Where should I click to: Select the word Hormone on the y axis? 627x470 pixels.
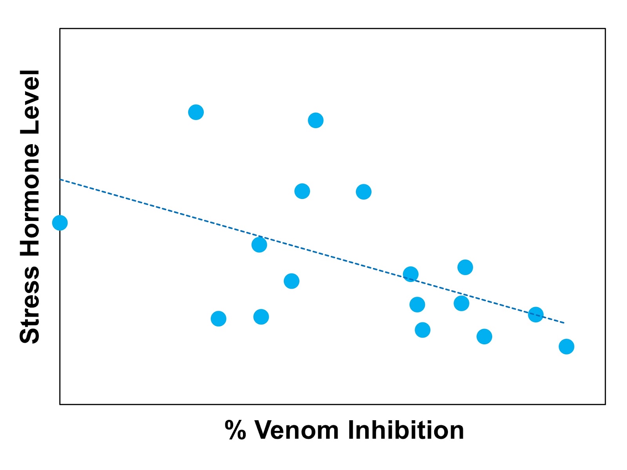[30, 200]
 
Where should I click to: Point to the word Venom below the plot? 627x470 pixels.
[297, 430]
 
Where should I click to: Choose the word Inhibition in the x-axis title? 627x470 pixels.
[406, 430]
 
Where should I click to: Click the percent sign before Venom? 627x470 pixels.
[235, 430]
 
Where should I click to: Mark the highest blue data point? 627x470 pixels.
[196, 112]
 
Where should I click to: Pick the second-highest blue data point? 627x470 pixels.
[315, 120]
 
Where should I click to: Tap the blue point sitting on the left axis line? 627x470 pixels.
[60, 223]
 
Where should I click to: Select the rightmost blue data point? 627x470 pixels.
[566, 346]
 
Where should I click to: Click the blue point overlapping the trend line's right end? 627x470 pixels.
[535, 314]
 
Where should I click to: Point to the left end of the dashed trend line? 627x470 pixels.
[60, 180]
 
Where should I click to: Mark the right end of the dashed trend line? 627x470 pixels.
[564, 323]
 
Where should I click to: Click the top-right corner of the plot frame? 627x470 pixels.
[605, 29]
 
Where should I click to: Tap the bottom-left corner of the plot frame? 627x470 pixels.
[60, 404]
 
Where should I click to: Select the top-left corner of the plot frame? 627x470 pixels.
[60, 29]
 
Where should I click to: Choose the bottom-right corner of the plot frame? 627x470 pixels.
[605, 404]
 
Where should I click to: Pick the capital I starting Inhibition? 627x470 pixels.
[351, 430]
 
